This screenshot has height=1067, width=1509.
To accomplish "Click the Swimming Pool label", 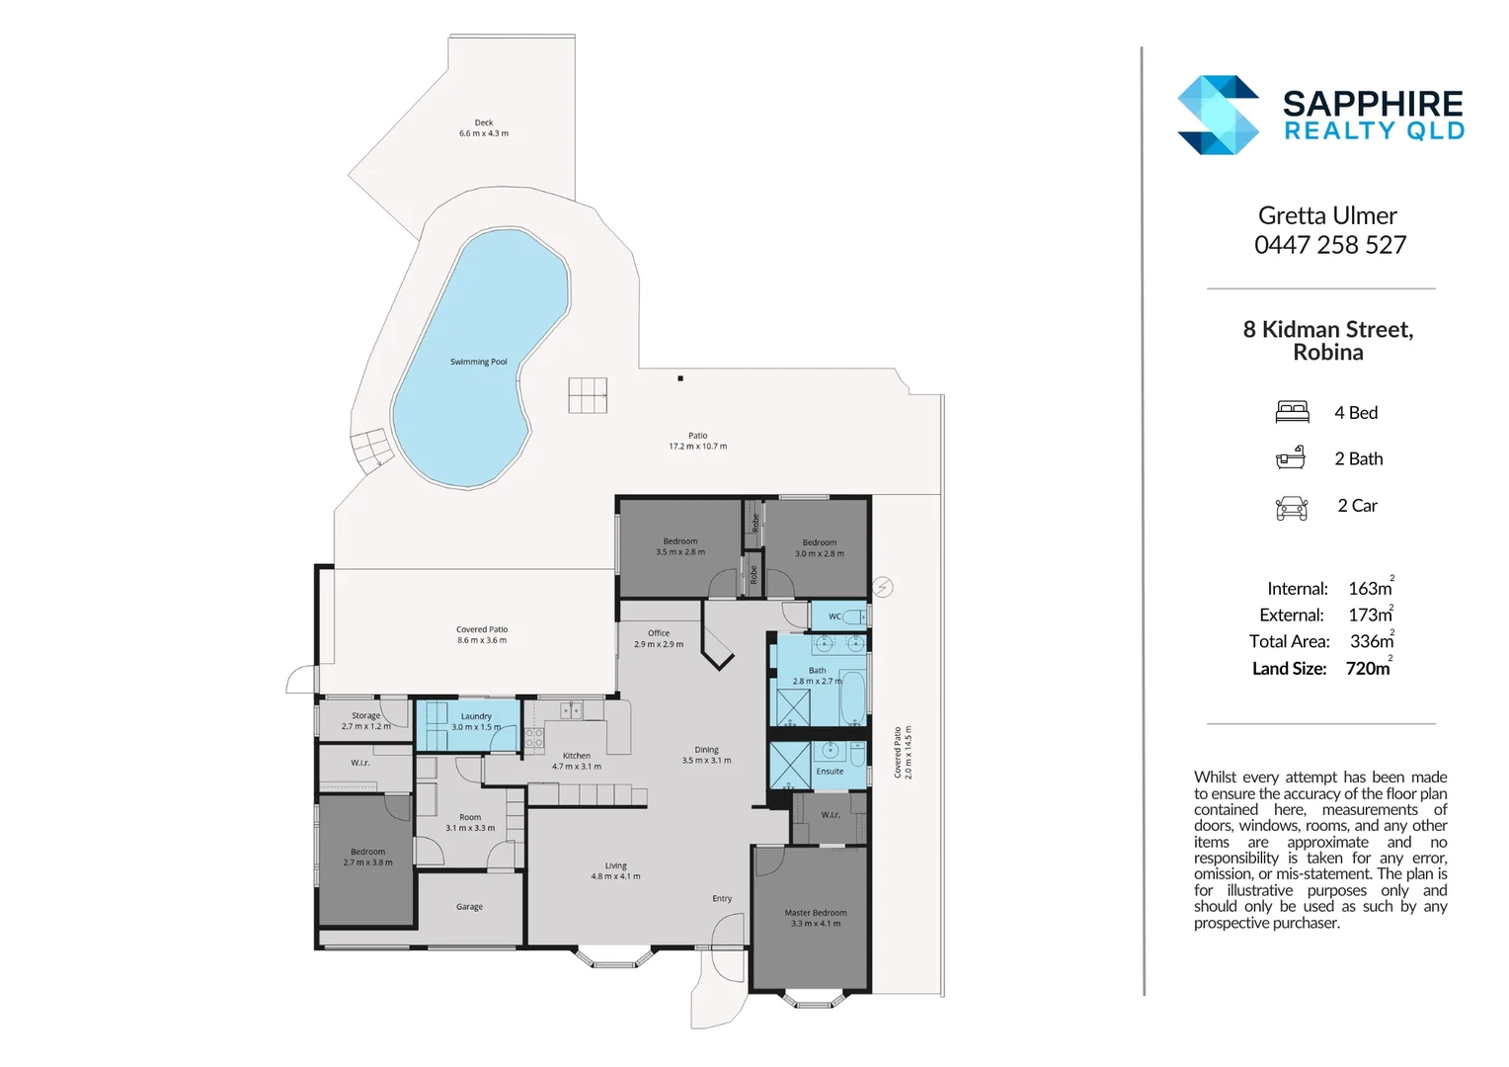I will coord(478,362).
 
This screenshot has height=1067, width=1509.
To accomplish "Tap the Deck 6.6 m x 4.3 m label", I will coord(484,128).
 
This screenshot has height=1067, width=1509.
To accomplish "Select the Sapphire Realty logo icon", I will coord(1218,116).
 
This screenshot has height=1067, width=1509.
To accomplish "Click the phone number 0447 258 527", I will coord(1329,245).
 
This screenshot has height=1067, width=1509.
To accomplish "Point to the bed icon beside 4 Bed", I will coord(1292,412).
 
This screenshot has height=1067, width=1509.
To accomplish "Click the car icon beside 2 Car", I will coord(1292,507).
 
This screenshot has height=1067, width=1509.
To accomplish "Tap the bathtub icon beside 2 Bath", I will coord(1291,458).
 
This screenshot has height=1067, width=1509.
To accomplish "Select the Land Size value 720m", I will coord(1368,669).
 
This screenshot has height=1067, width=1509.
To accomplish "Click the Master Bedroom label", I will coord(816,913).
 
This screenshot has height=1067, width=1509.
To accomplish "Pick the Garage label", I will coord(469,907).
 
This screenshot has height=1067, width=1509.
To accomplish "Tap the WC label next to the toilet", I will coord(834,616).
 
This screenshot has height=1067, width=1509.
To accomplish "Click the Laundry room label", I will coord(476,716).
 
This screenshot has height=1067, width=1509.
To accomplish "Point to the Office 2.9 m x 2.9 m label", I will coord(659,638).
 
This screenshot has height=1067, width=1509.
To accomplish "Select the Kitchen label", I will coord(577,756).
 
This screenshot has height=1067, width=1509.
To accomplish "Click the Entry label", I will coord(722,899).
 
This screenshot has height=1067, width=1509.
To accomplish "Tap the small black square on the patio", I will coord(680,378).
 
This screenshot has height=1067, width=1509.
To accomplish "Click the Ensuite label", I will coord(830,772).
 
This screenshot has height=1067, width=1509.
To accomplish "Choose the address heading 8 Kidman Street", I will coord(1327,329).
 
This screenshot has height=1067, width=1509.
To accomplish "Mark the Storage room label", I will coord(365,715).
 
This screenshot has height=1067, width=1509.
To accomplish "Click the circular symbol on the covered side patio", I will coord(883,588).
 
